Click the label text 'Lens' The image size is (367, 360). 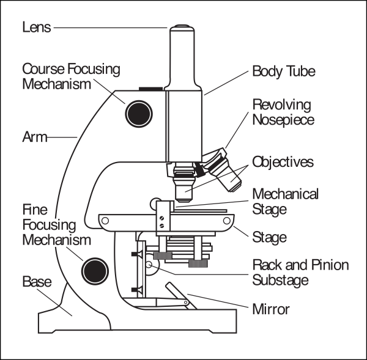(37, 27)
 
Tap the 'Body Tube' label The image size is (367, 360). (284, 71)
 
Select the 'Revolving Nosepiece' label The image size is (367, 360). (283, 112)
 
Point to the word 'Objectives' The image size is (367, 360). (283, 162)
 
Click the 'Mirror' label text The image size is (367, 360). (271, 309)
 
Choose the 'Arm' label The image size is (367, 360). (35, 137)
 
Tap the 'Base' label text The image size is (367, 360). (37, 281)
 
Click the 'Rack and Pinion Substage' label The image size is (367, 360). (300, 273)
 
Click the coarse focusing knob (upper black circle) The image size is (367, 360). (139, 114)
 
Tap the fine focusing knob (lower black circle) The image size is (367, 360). (95, 271)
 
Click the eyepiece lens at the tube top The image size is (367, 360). (182, 28)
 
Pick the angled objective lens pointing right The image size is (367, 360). (225, 174)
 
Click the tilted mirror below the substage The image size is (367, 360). (181, 296)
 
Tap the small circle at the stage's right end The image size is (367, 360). (227, 221)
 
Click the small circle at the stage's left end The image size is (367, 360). (105, 221)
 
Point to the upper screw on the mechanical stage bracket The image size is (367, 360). (161, 218)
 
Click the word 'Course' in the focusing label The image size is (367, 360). (43, 69)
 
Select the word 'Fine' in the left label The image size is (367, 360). (35, 210)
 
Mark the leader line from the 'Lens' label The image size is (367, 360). (111, 28)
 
